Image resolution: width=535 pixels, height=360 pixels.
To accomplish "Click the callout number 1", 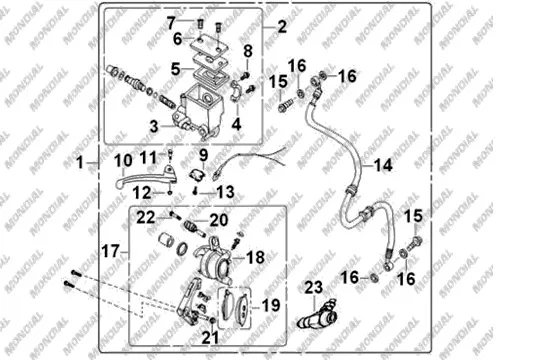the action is click(x=80, y=162).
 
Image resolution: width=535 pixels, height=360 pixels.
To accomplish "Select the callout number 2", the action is click(x=282, y=26).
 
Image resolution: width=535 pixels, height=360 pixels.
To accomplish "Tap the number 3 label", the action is click(x=154, y=127).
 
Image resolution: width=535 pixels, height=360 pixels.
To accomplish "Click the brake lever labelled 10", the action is click(x=146, y=176).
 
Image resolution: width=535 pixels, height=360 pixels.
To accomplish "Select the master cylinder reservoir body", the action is click(x=202, y=109).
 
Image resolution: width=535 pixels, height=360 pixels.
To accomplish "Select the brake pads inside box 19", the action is click(x=234, y=308).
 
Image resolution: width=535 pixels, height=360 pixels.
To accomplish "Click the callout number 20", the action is click(x=219, y=220).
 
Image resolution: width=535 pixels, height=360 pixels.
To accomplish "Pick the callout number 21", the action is click(x=210, y=337).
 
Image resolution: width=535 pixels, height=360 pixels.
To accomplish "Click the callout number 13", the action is click(x=225, y=192).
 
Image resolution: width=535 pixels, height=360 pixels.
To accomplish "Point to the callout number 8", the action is click(x=248, y=51).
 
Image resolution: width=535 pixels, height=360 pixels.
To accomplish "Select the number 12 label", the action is click(x=142, y=193).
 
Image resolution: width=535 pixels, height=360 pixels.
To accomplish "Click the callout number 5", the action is click(x=175, y=69).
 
